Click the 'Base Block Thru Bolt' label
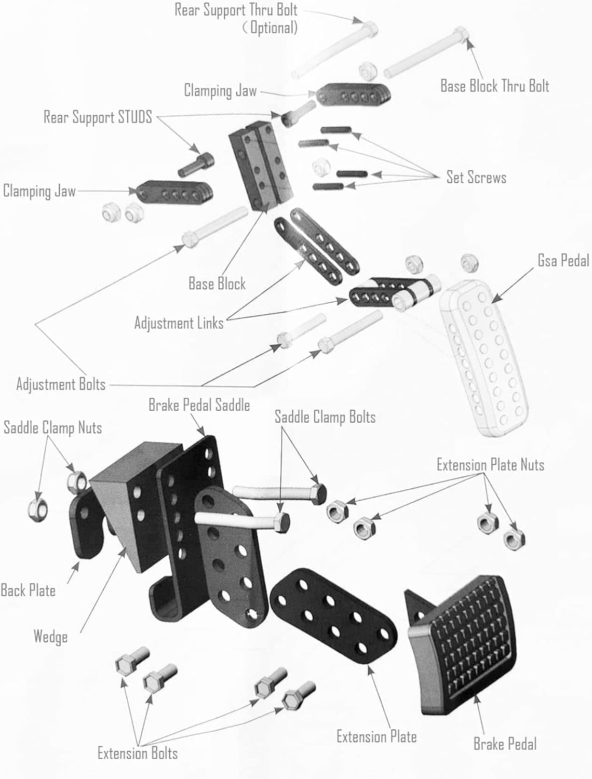pos(494,86)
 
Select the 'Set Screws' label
pos(476,178)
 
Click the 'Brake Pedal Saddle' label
pos(199,405)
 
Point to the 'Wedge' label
pos(50,637)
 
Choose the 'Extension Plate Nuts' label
pos(490,465)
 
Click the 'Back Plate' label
pos(28,590)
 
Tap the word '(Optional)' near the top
pos(270,27)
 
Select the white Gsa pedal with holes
pos(483,358)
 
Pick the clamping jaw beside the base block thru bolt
pos(353,95)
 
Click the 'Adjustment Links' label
pos(179,323)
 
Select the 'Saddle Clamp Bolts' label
pos(325,417)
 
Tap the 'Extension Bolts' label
pos(138,753)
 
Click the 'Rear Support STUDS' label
pos(98,117)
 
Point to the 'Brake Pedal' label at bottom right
pos(505,744)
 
